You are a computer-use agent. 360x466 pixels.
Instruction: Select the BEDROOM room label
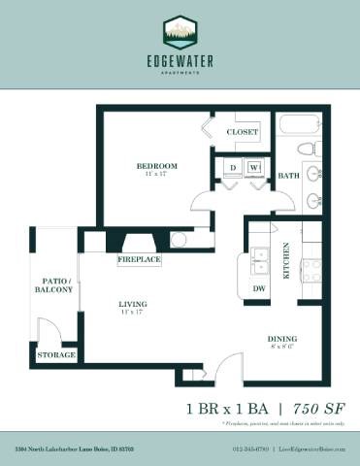click(x=156, y=167)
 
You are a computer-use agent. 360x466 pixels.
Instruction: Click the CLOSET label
click(x=243, y=132)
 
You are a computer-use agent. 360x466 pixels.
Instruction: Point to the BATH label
click(x=288, y=177)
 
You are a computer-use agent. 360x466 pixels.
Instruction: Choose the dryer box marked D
click(x=234, y=167)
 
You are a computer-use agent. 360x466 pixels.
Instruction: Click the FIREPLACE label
click(x=139, y=260)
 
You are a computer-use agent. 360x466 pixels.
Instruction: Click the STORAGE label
click(x=56, y=355)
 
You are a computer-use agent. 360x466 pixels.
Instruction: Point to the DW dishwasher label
click(x=259, y=288)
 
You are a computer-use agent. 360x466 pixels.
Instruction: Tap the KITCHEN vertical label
click(x=286, y=260)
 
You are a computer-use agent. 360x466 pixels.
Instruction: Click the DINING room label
click(x=283, y=339)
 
